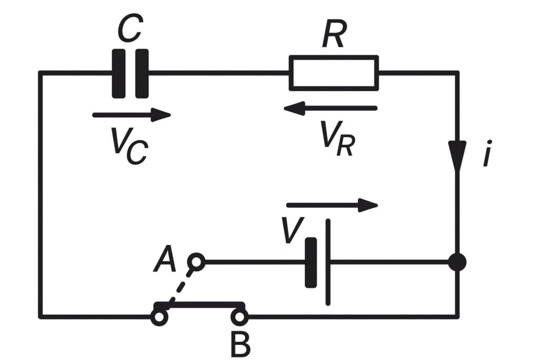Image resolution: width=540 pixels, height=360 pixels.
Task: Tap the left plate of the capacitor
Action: click(119, 73)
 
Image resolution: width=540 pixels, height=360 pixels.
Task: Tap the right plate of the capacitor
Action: click(141, 73)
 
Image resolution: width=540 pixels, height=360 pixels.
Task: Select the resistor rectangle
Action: click(333, 72)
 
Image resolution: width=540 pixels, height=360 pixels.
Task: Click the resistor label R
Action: click(333, 36)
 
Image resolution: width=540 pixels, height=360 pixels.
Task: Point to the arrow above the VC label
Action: click(131, 115)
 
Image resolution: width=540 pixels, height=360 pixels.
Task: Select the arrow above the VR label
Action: click(330, 109)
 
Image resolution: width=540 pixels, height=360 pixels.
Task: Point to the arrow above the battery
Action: click(332, 205)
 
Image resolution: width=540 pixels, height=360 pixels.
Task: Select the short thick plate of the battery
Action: click(311, 262)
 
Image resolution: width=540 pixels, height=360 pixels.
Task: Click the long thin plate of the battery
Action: click(328, 262)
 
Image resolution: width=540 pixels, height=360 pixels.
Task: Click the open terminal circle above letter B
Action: click(239, 317)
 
